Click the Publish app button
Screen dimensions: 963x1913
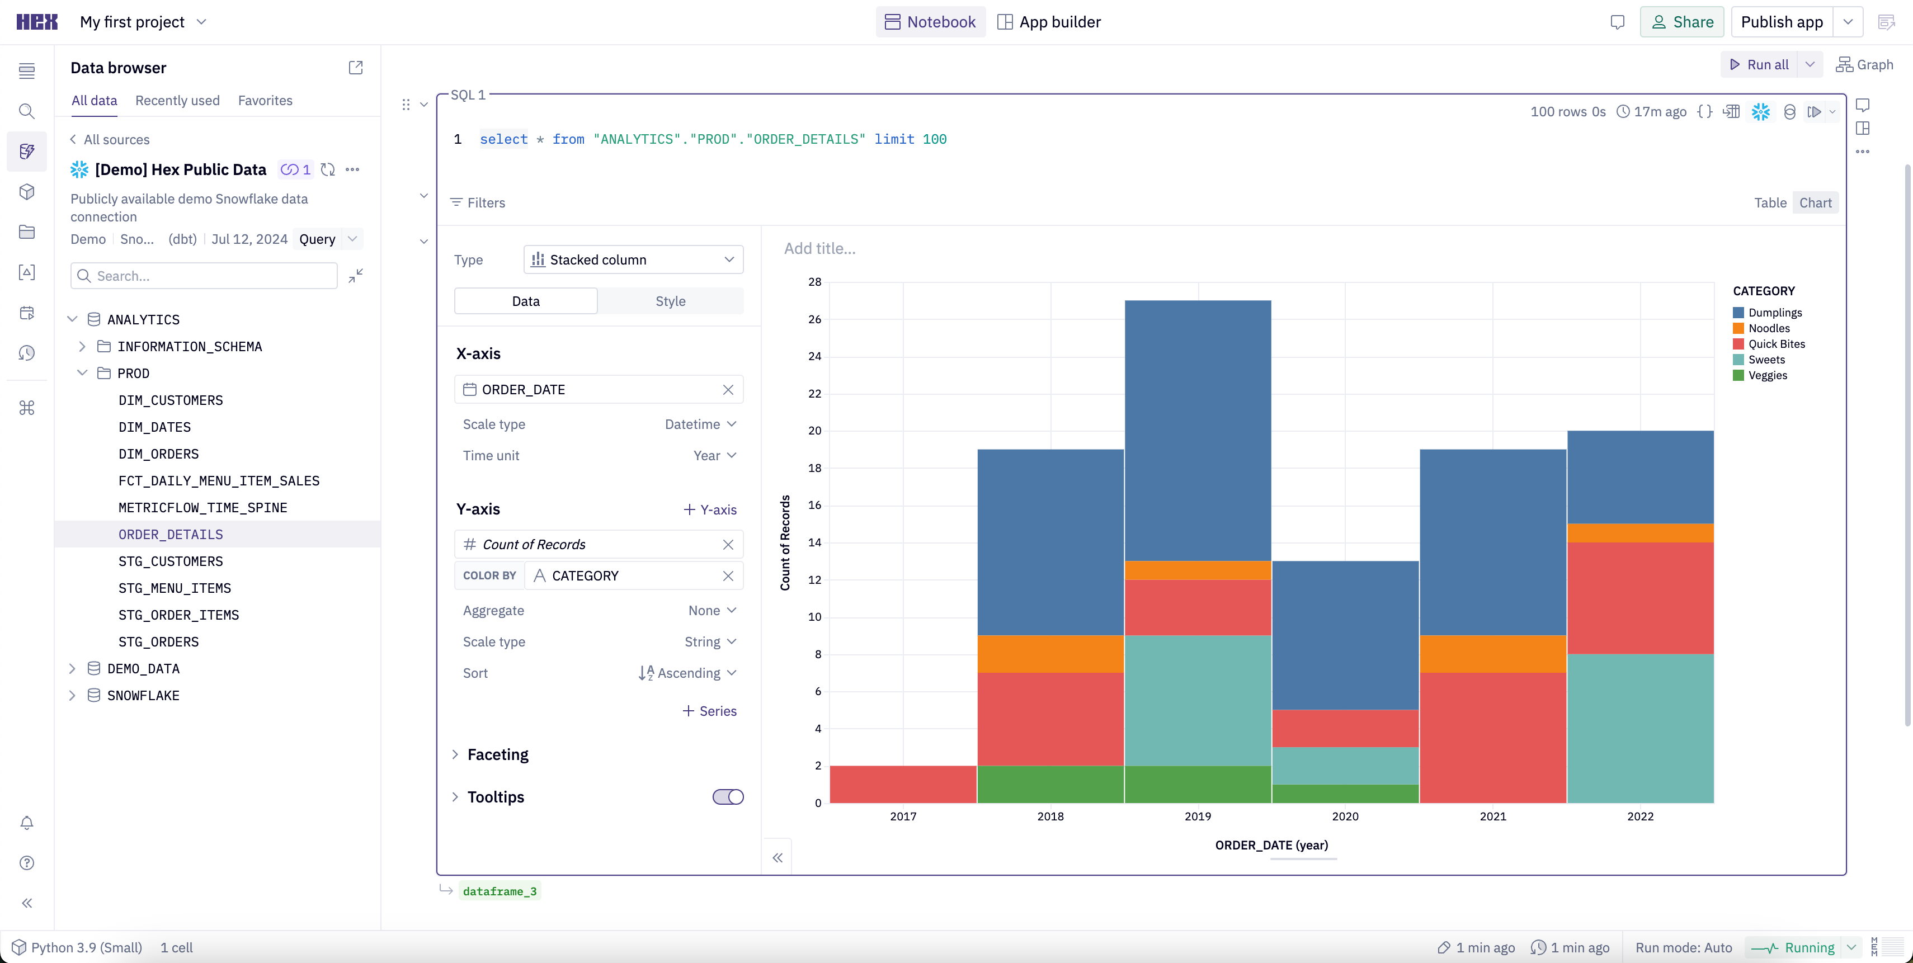tap(1781, 22)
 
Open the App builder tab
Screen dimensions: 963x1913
tap(1049, 22)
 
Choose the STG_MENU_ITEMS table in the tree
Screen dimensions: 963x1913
tap(175, 588)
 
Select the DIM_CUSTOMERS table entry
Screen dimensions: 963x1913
tap(170, 400)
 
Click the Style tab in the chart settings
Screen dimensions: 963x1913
tap(670, 301)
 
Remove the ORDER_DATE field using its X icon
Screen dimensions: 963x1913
tap(728, 390)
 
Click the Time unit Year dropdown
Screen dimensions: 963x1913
tap(714, 456)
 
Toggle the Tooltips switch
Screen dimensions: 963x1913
tap(728, 797)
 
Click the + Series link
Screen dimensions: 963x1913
tap(709, 711)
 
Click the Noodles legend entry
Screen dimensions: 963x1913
tap(1768, 328)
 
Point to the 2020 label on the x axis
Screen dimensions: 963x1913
tap(1345, 816)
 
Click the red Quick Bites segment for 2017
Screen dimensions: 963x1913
tap(902, 784)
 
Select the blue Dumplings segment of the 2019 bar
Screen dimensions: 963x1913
tap(1197, 430)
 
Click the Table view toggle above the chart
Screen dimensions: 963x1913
tap(1770, 202)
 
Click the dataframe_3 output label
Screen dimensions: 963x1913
tap(499, 891)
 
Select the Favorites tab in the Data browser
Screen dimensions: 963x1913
tap(265, 100)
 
